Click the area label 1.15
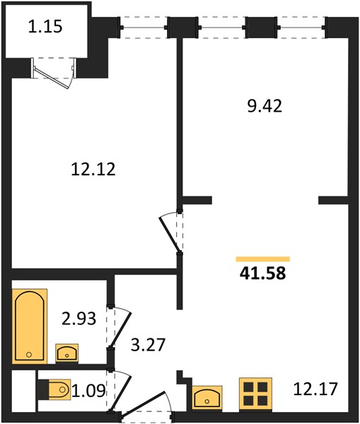pyautogui.click(x=45, y=27)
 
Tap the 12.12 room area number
pyautogui.click(x=93, y=170)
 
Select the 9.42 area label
pyautogui.click(x=265, y=106)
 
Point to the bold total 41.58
pyautogui.click(x=262, y=273)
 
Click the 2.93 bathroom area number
pyautogui.click(x=79, y=318)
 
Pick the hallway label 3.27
pyautogui.click(x=148, y=345)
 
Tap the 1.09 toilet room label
pyautogui.click(x=89, y=391)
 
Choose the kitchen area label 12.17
pyautogui.click(x=315, y=389)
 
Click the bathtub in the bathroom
pyautogui.click(x=30, y=326)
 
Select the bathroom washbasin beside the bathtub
pyautogui.click(x=67, y=353)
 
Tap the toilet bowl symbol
pyautogui.click(x=59, y=389)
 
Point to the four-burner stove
pyautogui.click(x=255, y=394)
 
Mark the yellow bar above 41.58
pyautogui.click(x=263, y=259)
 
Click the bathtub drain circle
pyautogui.click(x=29, y=355)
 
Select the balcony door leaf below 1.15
pyautogui.click(x=51, y=78)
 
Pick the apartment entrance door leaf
pyautogui.click(x=141, y=402)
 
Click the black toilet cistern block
pyautogui.click(x=43, y=389)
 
